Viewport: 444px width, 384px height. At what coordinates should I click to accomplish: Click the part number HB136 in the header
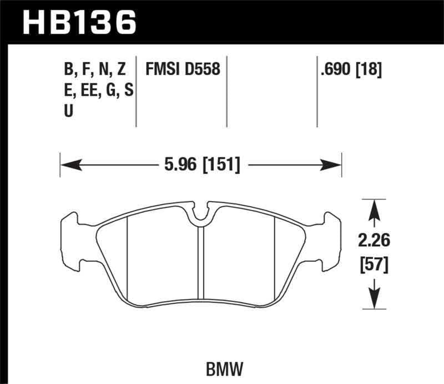point(78,22)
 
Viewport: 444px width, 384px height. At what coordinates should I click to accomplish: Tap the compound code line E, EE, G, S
point(98,91)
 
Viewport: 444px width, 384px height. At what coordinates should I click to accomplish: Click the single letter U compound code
point(69,111)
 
